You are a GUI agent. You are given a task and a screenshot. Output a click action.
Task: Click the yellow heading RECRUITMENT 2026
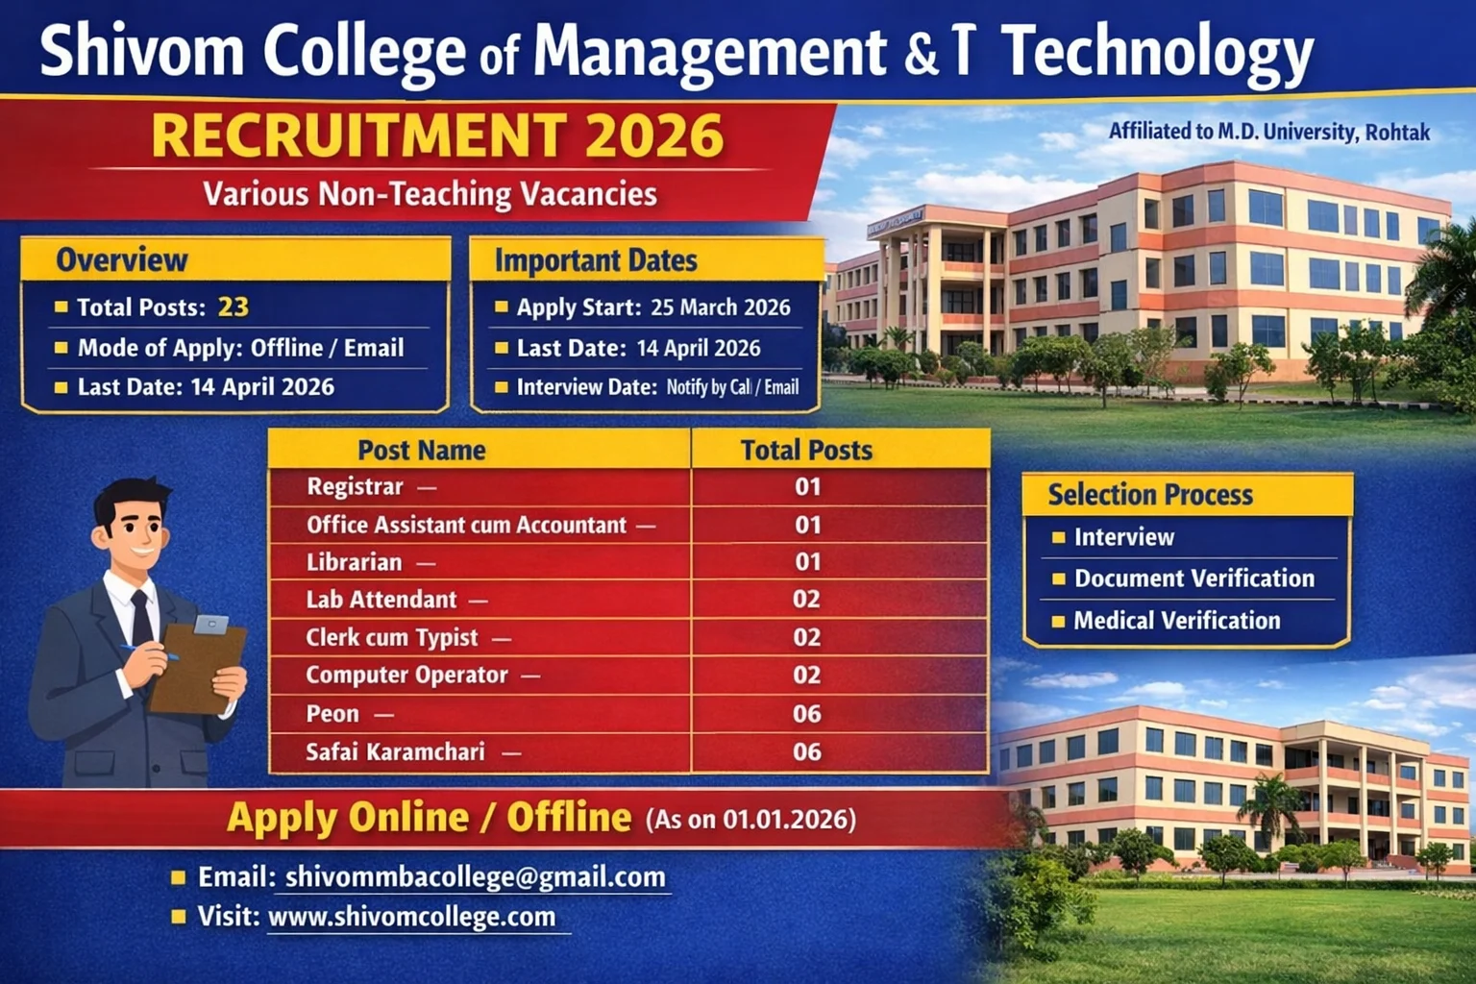pos(437,135)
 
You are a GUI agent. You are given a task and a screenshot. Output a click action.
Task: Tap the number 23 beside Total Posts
pos(234,307)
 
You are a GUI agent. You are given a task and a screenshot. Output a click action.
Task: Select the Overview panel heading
pos(122,259)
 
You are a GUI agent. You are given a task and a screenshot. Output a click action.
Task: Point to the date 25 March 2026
pos(721,307)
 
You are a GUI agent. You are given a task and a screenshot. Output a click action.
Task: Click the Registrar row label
pos(355,487)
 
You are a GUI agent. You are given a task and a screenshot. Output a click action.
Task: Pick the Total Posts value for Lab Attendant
pos(806,600)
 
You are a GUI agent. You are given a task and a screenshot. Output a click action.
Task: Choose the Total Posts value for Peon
pos(806,714)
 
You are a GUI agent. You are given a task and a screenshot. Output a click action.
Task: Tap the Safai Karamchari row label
pos(395,751)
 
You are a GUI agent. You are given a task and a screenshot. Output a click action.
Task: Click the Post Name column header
pos(421,450)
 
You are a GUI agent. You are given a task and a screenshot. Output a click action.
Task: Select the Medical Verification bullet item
pos(1176,621)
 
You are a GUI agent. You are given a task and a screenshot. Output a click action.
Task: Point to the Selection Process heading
pos(1150,495)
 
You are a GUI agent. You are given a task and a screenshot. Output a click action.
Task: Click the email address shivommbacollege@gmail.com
pos(476,876)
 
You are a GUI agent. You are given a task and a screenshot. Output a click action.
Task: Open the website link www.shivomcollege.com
pos(411,917)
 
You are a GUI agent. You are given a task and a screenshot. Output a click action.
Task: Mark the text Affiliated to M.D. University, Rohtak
pos(1268,132)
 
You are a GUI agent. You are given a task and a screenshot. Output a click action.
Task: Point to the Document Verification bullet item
pos(1193,578)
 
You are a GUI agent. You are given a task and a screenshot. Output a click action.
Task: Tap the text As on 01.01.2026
pos(750,820)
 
